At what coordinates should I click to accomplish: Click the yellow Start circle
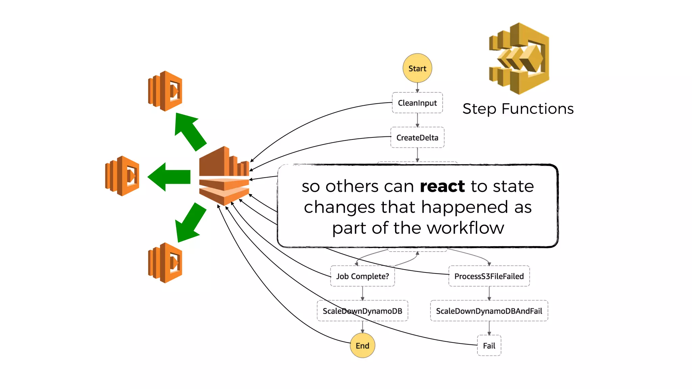(x=417, y=68)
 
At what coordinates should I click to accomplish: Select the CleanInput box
(x=417, y=103)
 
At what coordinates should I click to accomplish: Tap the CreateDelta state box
(x=417, y=137)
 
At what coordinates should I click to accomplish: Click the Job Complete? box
(x=362, y=276)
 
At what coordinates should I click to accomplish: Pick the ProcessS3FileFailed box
(x=489, y=276)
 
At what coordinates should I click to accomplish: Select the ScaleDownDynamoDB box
(x=362, y=311)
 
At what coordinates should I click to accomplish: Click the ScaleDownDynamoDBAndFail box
(x=489, y=311)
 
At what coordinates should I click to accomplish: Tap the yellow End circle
(x=362, y=345)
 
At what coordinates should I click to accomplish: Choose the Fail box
(x=489, y=345)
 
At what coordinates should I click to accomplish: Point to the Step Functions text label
(x=518, y=109)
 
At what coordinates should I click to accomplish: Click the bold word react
(x=442, y=186)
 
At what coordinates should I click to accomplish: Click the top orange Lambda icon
(x=165, y=91)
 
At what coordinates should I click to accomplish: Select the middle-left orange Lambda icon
(x=122, y=176)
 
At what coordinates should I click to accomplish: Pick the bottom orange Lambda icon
(x=165, y=263)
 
